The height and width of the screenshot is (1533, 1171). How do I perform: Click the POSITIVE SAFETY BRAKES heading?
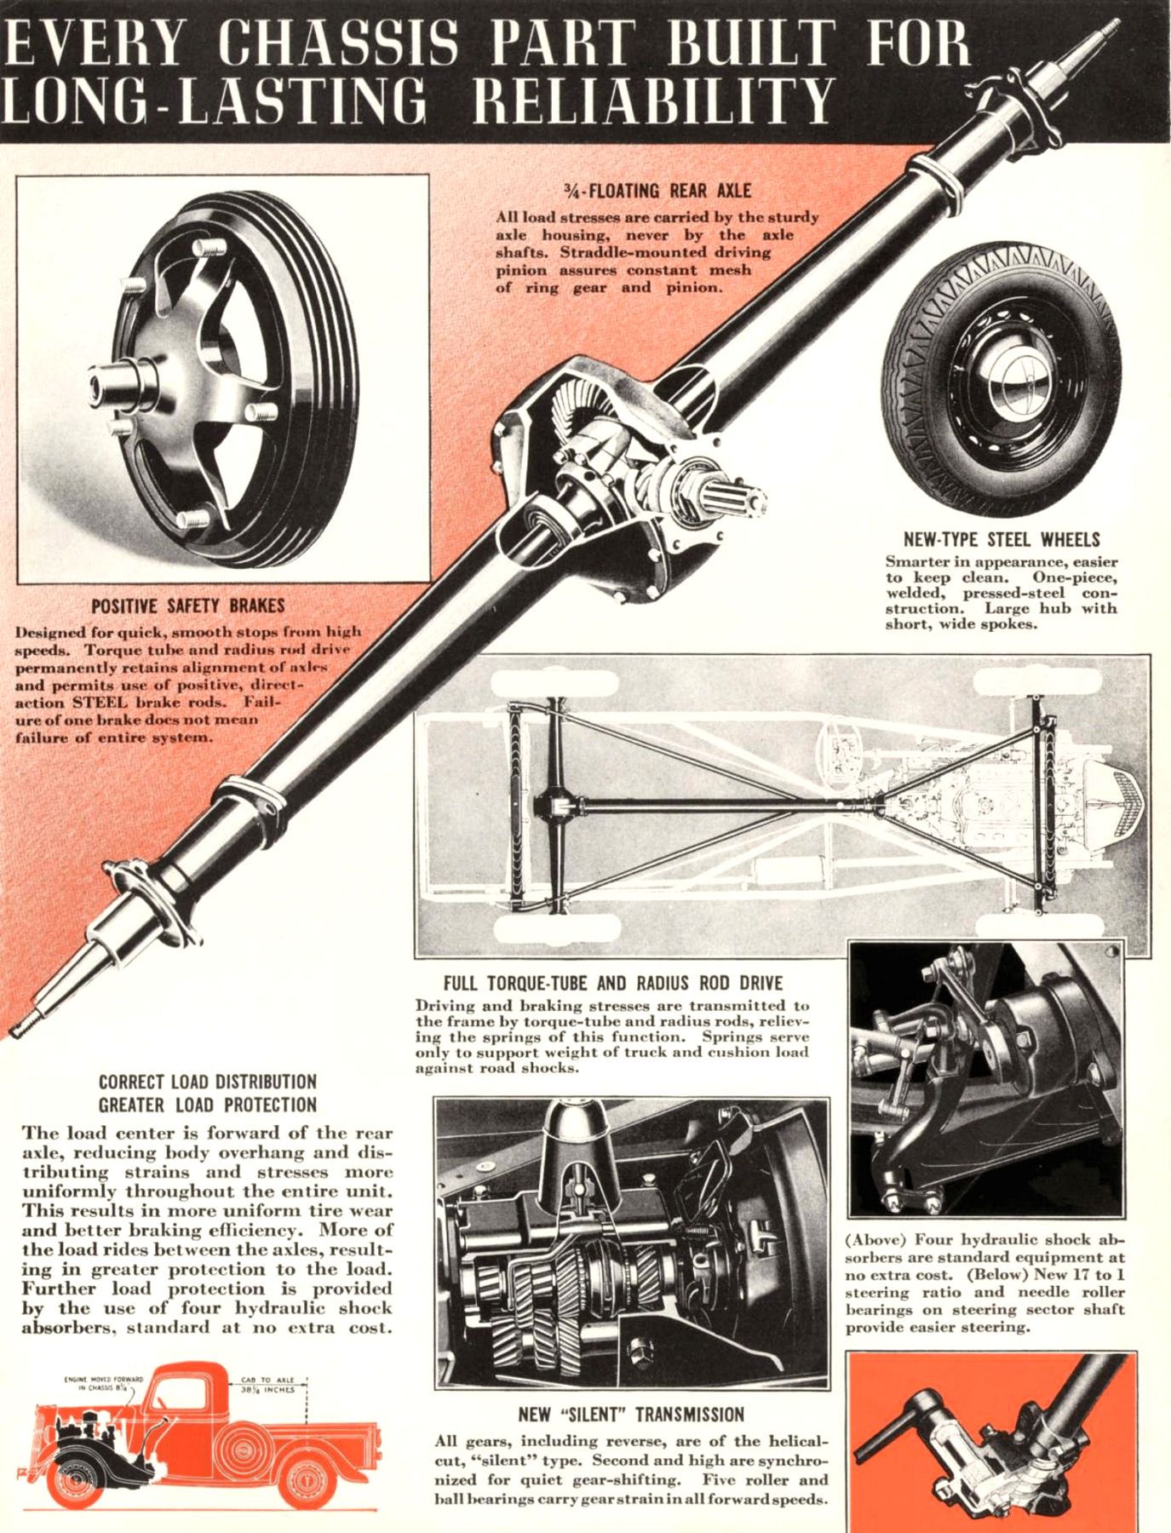coord(187,606)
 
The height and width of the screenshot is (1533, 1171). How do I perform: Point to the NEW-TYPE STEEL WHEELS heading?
coord(1001,539)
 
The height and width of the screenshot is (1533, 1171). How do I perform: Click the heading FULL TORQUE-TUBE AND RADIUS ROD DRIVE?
coord(612,982)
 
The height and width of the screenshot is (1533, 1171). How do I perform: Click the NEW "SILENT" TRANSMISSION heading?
coord(631,1415)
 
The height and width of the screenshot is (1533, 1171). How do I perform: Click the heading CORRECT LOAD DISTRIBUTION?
coord(208,1082)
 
